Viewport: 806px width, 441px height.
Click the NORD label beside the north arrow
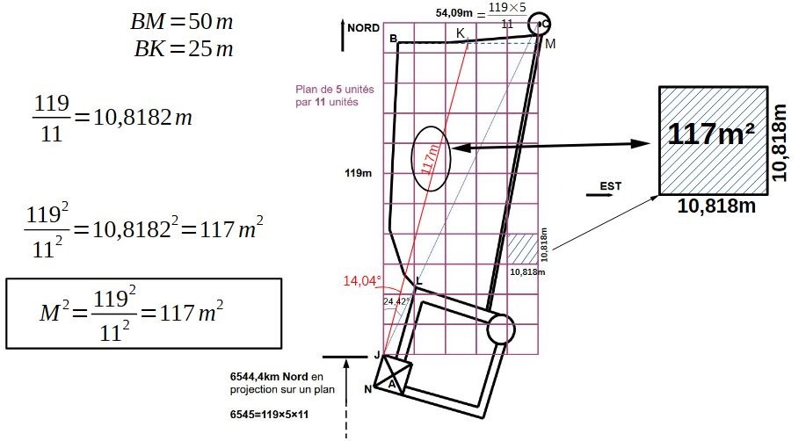[363, 28]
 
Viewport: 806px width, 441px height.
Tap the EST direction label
[611, 186]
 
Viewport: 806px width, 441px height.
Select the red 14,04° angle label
[362, 280]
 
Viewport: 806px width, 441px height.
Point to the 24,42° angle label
[396, 301]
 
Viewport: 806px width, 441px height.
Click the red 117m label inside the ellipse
[431, 159]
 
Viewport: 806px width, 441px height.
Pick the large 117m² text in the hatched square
[711, 134]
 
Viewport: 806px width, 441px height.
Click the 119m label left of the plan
[359, 173]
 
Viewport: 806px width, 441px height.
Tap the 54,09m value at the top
[454, 13]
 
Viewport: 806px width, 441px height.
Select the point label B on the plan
[393, 39]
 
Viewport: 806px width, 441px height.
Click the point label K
[461, 33]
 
